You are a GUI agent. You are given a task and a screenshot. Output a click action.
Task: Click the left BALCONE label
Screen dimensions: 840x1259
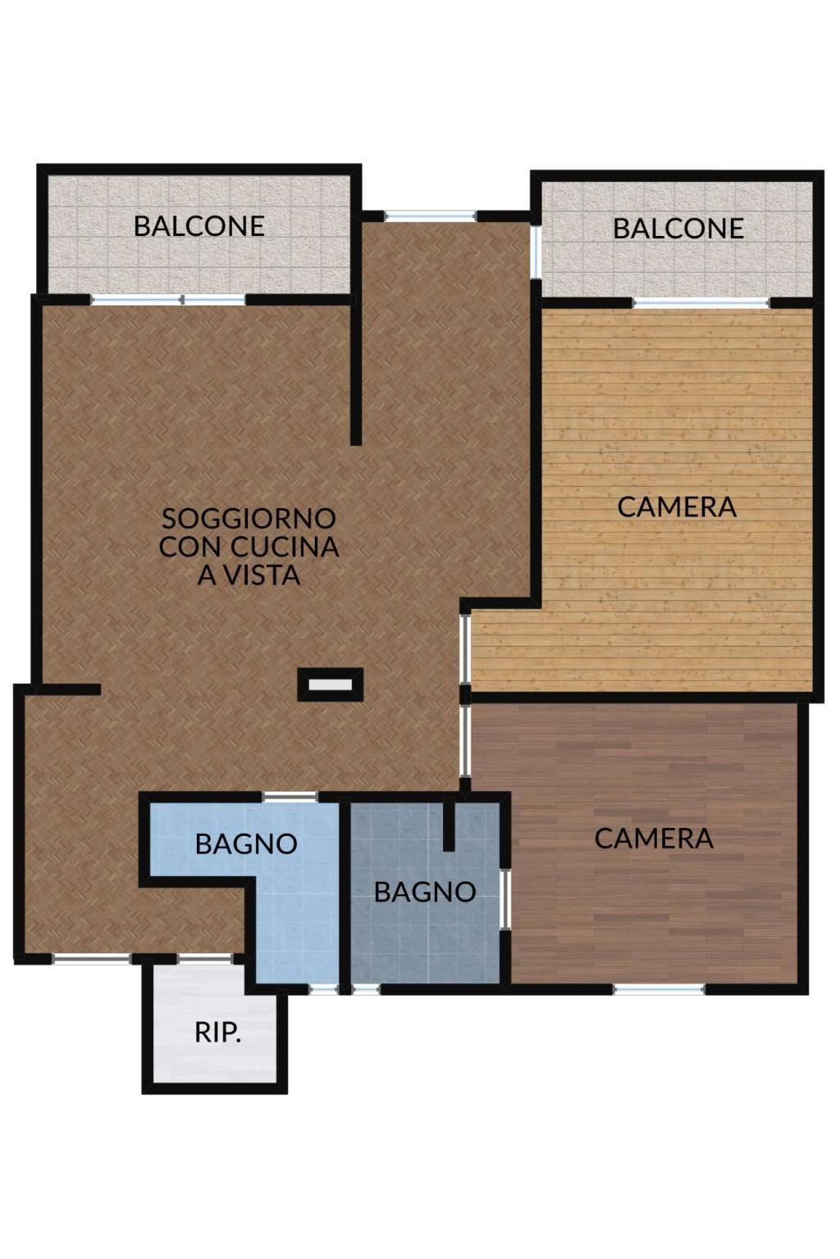pos(199,226)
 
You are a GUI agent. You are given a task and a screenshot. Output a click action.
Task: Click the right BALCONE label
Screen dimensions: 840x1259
pos(678,229)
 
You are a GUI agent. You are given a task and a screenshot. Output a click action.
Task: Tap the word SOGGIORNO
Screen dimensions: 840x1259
pos(249,518)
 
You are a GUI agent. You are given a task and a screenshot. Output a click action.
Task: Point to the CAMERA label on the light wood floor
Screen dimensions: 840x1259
pos(676,507)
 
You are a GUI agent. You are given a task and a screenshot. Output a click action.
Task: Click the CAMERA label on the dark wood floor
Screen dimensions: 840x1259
pos(654,839)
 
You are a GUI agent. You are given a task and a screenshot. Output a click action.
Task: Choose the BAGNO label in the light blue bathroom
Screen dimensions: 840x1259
pos(246,843)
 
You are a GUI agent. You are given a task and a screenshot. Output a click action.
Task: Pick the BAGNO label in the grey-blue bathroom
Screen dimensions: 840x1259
pos(425,892)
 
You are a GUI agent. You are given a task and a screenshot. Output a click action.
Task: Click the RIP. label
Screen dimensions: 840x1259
pos(217,1033)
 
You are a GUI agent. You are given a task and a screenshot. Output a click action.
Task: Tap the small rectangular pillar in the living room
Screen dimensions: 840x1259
pos(331,684)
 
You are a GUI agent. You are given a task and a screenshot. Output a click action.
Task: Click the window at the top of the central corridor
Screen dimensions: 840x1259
pos(431,216)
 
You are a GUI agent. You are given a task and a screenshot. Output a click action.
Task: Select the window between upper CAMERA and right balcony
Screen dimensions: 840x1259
pos(701,303)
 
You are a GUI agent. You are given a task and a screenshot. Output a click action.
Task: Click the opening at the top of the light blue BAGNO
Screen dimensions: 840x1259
pos(290,797)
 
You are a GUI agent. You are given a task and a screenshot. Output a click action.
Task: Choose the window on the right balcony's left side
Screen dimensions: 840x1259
pos(536,251)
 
